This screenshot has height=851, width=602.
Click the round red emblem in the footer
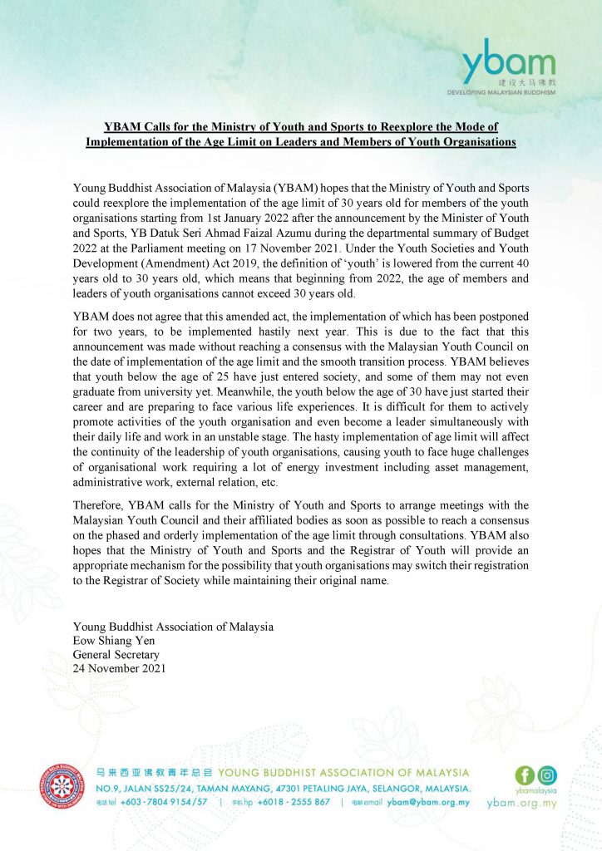(x=62, y=788)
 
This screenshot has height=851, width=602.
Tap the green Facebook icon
(x=525, y=775)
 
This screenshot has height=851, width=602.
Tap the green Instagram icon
(x=546, y=775)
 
